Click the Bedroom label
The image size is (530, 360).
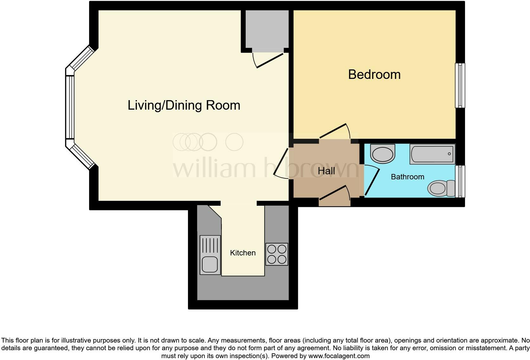click(374, 75)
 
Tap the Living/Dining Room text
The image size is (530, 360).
click(184, 105)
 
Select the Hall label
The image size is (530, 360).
click(326, 171)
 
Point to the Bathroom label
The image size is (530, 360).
click(407, 177)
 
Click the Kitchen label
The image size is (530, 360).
click(243, 253)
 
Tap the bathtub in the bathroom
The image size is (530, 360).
click(432, 154)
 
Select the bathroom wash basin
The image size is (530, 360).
click(383, 154)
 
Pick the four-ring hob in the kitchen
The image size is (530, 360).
click(277, 254)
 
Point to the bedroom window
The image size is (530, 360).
click(460, 86)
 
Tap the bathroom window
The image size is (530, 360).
click(460, 181)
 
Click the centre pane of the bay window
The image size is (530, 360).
click(70, 107)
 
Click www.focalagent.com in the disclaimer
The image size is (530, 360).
click(339, 356)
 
